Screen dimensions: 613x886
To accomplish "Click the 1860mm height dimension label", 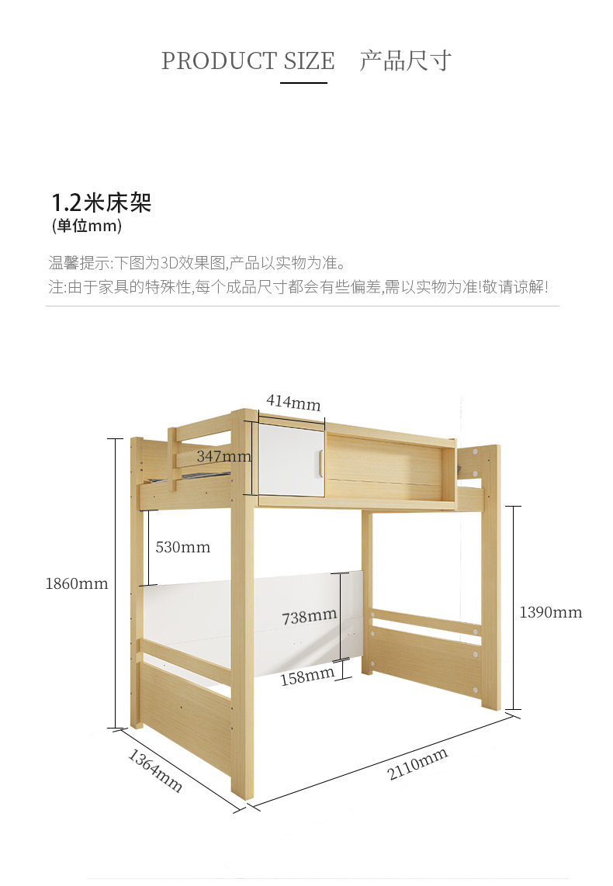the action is pyautogui.click(x=77, y=583).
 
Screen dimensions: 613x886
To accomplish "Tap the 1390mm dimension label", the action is pyautogui.click(x=550, y=612).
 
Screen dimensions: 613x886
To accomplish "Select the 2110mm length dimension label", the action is pyautogui.click(x=417, y=764).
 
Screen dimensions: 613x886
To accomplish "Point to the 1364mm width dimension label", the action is pyautogui.click(x=155, y=770).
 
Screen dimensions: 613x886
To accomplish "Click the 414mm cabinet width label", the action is pyautogui.click(x=293, y=403).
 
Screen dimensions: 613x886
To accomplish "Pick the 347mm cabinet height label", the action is pyautogui.click(x=223, y=456).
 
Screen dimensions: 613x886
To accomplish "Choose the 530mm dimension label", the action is pyautogui.click(x=182, y=547).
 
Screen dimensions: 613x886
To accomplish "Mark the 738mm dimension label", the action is pyautogui.click(x=309, y=617).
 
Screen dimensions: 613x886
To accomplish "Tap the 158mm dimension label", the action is pyautogui.click(x=306, y=677).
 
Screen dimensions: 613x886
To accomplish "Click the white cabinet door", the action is pyautogui.click(x=289, y=459).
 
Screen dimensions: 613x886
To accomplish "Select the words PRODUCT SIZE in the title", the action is pyautogui.click(x=248, y=61).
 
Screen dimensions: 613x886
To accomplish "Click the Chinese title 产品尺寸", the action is pyautogui.click(x=405, y=61).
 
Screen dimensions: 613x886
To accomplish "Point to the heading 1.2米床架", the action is pyautogui.click(x=101, y=202).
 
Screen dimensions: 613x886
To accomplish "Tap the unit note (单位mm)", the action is pyautogui.click(x=87, y=227).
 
